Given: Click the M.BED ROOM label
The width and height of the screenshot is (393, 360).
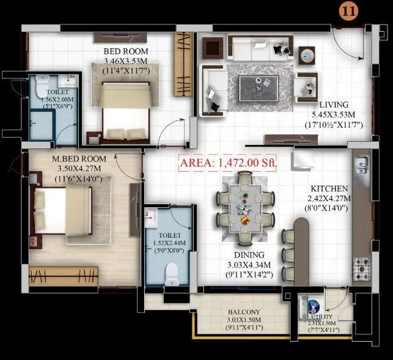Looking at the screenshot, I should coord(79,158).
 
